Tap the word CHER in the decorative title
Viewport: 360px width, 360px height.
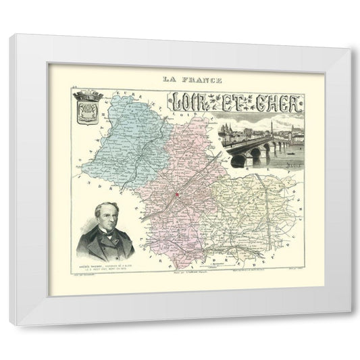[281, 105]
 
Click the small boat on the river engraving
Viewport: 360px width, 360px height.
[284, 161]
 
